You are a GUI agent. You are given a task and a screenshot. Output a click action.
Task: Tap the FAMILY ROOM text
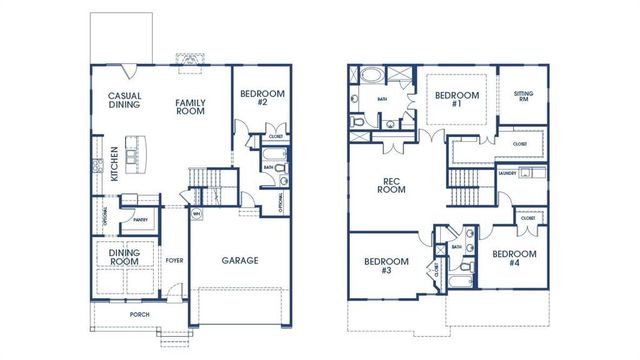click(x=190, y=106)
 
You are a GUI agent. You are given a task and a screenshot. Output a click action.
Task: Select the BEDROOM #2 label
click(x=262, y=98)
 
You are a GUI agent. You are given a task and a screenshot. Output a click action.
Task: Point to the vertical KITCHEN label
click(x=115, y=163)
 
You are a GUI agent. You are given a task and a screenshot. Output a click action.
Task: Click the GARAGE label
click(x=239, y=260)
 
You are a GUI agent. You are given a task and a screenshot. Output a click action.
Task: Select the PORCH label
click(x=139, y=313)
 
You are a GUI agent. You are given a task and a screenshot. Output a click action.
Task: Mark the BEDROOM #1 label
click(x=456, y=100)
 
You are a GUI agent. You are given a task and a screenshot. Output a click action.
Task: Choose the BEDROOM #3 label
click(x=384, y=265)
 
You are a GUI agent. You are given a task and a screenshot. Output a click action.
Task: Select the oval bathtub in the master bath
click(x=369, y=75)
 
